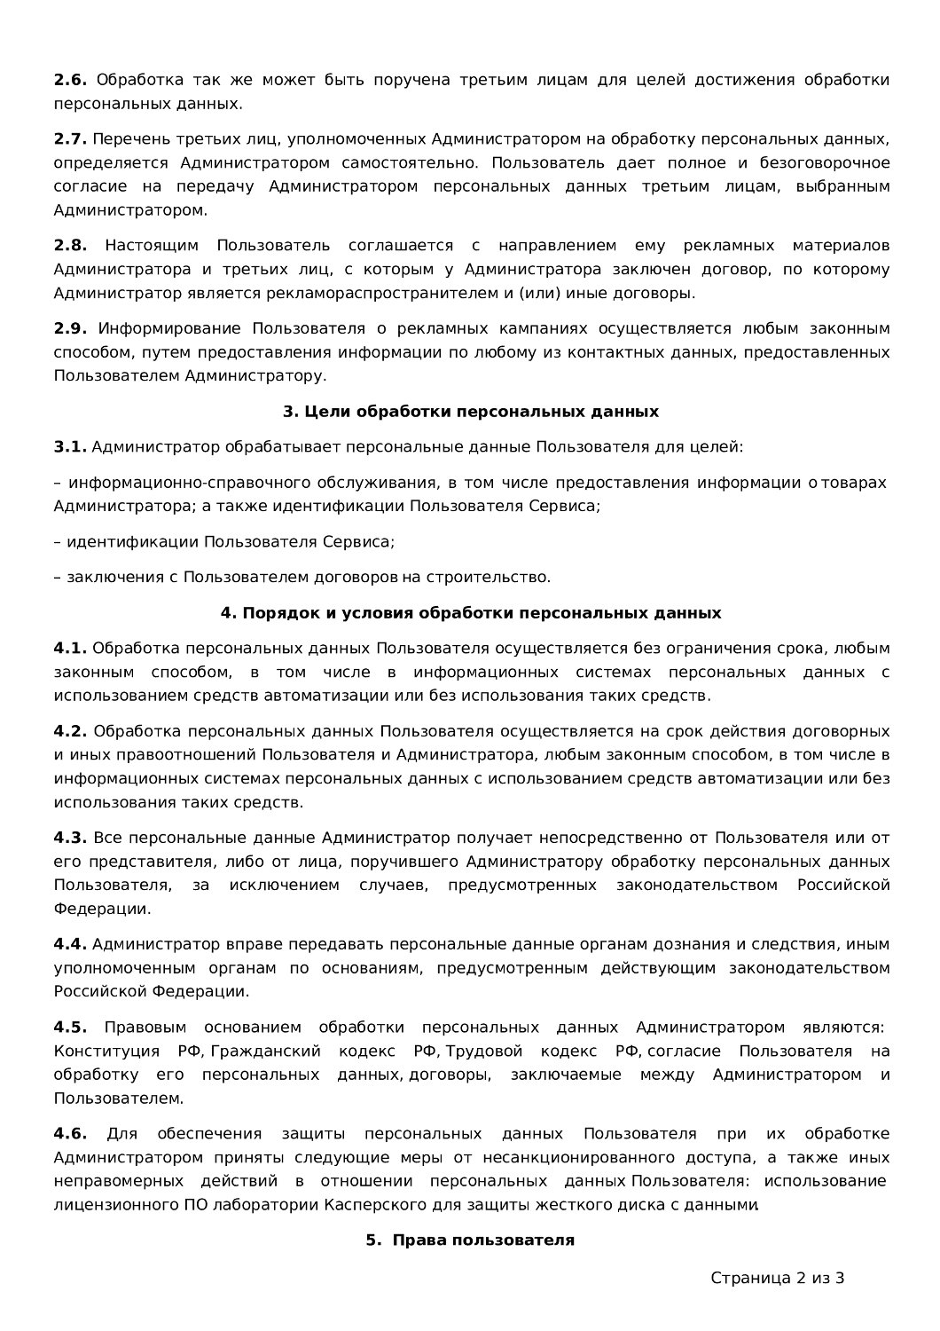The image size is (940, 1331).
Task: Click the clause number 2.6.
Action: point(70,80)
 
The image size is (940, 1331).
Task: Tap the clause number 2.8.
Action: point(70,246)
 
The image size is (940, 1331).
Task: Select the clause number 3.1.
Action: point(70,447)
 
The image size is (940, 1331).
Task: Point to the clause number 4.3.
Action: point(70,839)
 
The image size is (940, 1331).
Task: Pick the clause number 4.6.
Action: point(70,1134)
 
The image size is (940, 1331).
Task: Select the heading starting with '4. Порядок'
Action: point(470,613)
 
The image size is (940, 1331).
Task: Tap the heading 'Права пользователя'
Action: point(470,1240)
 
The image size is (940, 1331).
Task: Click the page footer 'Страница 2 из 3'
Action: point(777,1279)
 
